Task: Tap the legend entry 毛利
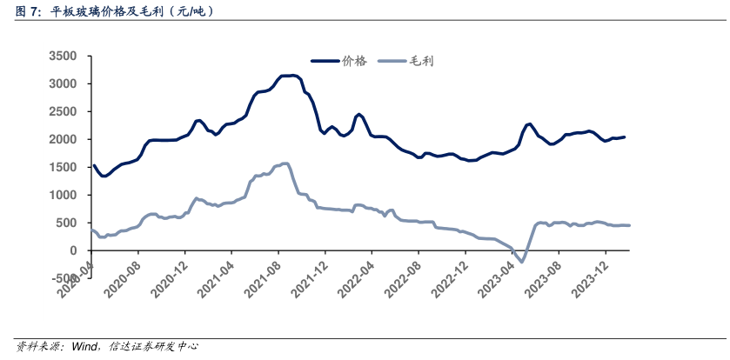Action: pos(422,61)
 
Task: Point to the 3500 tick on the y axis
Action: pos(66,56)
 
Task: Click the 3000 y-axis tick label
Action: pos(66,83)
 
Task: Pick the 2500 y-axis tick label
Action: pos(66,111)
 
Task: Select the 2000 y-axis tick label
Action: pos(66,139)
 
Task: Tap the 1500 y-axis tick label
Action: pos(66,167)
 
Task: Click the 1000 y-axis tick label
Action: pos(66,195)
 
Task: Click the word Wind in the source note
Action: pos(84,346)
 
